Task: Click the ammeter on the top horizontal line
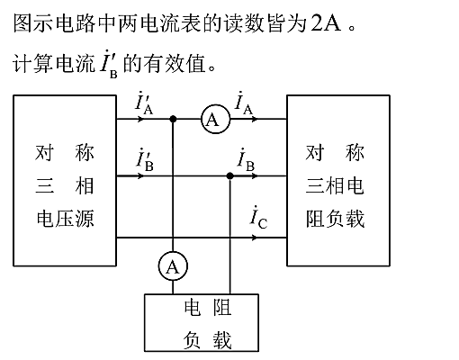[215, 119]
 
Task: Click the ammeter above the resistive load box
[173, 266]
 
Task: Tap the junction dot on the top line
[173, 119]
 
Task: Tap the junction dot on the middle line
[229, 175]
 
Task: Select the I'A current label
[144, 104]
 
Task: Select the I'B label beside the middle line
[145, 160]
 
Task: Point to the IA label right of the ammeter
[244, 103]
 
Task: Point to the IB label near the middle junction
[246, 160]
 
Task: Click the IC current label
[258, 217]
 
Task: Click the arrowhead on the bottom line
[254, 238]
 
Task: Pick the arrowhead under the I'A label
[140, 119]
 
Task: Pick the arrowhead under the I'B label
[140, 175]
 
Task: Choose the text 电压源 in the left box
[65, 218]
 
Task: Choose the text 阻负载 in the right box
[335, 219]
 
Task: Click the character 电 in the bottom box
[193, 307]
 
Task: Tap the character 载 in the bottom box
[222, 340]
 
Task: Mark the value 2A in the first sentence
[326, 23]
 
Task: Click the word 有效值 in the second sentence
[165, 63]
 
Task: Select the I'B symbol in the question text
[109, 64]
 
